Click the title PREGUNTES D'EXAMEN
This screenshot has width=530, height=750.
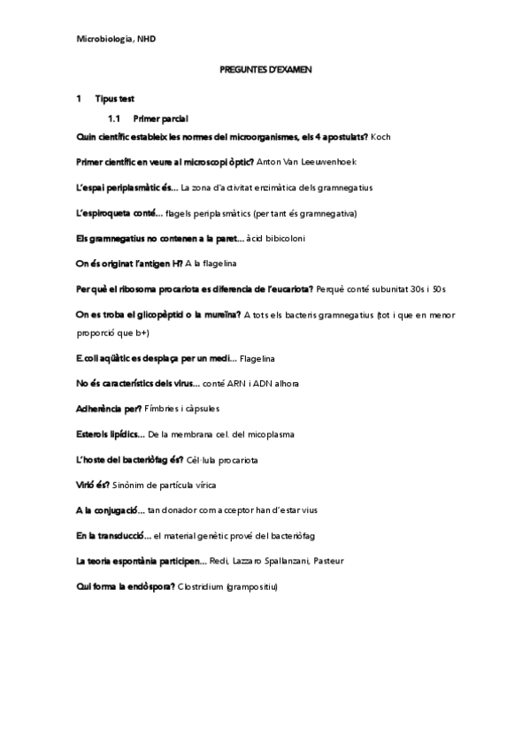[265, 69]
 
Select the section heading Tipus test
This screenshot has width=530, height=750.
[114, 98]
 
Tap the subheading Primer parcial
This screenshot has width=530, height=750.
[159, 118]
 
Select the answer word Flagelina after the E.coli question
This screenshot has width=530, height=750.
[257, 357]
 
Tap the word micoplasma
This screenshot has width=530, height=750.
[272, 433]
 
